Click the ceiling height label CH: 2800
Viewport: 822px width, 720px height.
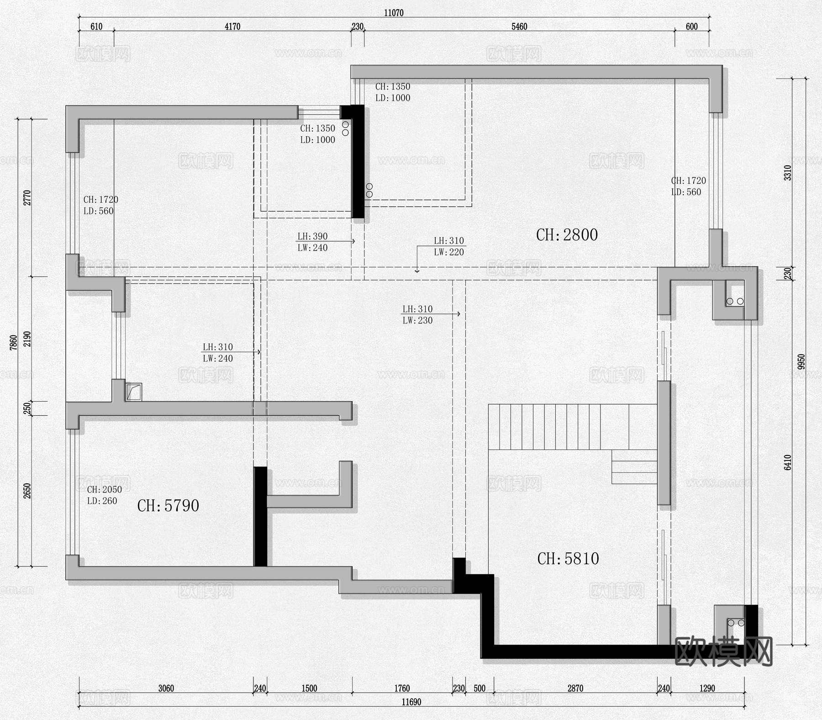pos(567,235)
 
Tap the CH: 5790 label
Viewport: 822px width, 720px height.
pos(168,506)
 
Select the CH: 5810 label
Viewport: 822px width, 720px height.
pos(568,559)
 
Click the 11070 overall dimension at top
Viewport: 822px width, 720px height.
pos(394,13)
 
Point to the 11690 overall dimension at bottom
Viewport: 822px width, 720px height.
pos(411,702)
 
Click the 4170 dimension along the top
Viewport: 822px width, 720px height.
pos(232,26)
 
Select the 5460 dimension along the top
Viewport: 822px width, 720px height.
pos(519,26)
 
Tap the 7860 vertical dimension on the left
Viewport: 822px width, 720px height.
pos(13,343)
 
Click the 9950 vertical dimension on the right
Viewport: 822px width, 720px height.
pos(801,362)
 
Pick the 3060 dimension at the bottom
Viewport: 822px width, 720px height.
pos(166,688)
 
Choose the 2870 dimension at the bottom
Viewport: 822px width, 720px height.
pos(575,688)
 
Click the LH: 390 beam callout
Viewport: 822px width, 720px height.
pos(312,236)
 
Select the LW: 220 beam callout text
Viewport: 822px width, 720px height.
pos(449,252)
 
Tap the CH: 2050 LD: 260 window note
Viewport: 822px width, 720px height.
pos(104,495)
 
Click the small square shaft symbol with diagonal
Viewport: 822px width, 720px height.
pos(134,392)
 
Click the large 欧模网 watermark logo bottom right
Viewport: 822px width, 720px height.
pos(723,651)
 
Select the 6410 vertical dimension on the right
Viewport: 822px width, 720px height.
pos(787,462)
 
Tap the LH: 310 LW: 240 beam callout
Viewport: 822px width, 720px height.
pos(218,353)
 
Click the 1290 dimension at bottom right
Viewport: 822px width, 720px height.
pos(707,688)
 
